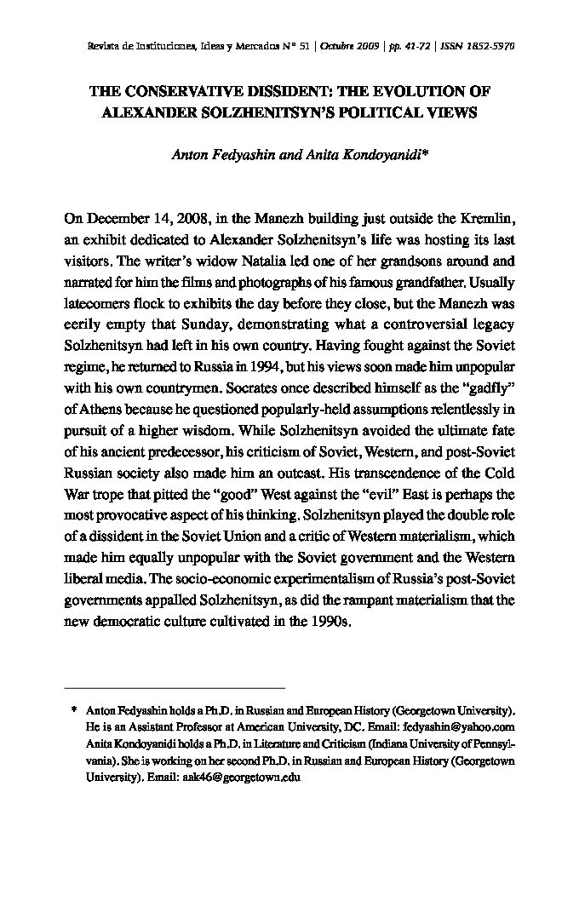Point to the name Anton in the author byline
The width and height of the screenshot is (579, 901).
[x=190, y=155]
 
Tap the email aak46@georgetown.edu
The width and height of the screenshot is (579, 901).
[x=241, y=777]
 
